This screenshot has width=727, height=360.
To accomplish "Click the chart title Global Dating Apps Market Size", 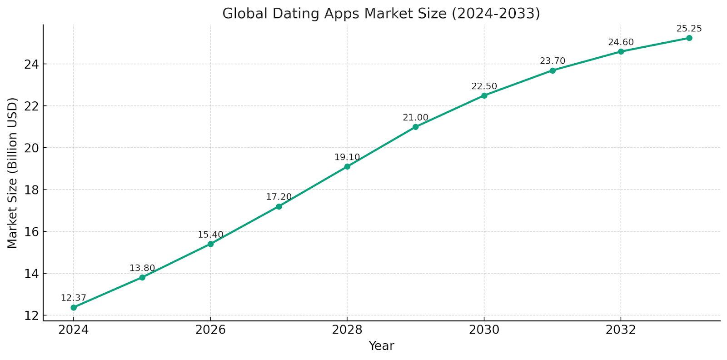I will click(381, 14).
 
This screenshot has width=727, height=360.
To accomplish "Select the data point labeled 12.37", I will click(74, 308).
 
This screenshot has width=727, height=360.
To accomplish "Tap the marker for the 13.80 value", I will click(142, 277).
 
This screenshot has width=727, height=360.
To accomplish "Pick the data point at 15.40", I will click(210, 244).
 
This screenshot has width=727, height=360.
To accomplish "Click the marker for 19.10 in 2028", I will click(347, 167).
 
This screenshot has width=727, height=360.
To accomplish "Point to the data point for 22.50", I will click(484, 95).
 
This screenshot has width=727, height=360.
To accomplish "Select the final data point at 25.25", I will click(689, 38).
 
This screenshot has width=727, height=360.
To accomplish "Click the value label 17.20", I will click(279, 197).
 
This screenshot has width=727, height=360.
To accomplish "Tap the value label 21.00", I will click(415, 118).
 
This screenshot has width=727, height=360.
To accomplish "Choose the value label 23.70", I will click(553, 61).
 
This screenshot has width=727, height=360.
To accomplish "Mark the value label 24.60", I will click(621, 42).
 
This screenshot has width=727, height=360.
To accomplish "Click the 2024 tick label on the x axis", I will click(74, 330).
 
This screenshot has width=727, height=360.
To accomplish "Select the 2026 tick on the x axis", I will click(210, 330).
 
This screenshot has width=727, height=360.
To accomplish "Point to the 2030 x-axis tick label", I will click(484, 330).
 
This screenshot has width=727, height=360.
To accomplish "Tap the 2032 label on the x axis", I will click(621, 330).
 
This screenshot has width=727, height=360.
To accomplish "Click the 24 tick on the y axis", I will click(30, 64).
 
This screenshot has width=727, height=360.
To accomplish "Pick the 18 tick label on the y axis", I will click(30, 190).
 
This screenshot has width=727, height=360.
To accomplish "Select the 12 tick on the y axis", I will click(30, 315).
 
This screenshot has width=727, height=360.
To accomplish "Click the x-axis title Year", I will click(381, 346).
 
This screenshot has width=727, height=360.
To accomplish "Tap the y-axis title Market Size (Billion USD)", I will click(12, 173).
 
